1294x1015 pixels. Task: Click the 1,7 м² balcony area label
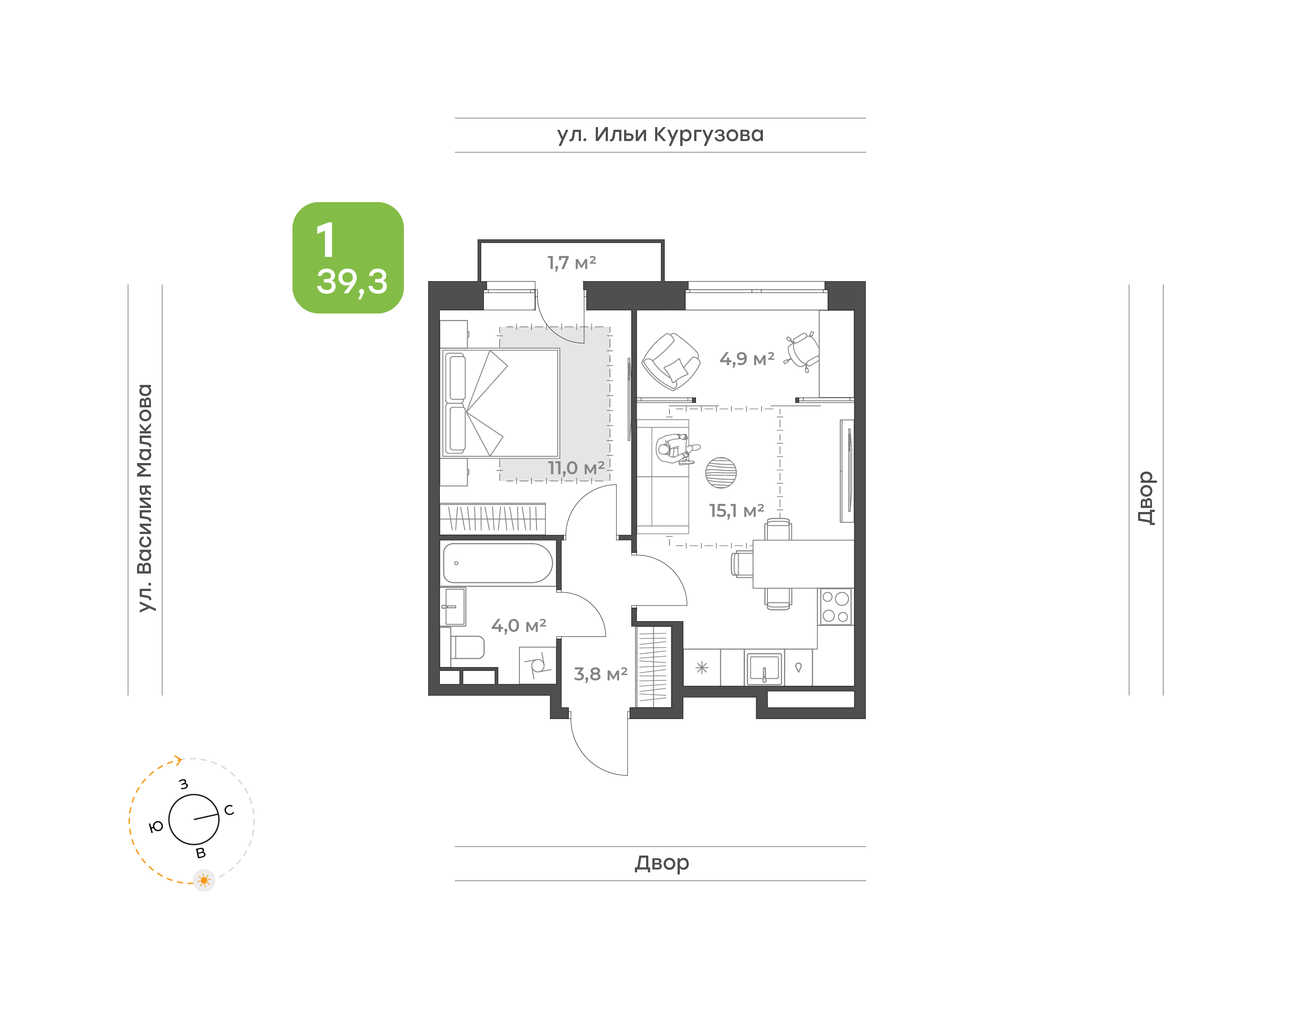(x=571, y=263)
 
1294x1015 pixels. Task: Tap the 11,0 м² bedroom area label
(x=576, y=468)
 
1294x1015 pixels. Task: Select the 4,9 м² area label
(x=747, y=359)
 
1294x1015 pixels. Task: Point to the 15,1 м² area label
(x=736, y=511)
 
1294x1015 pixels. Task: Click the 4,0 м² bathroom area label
(x=518, y=626)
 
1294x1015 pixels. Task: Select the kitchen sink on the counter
(x=764, y=669)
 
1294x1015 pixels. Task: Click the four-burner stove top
(x=835, y=607)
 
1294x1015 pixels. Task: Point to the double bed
(x=501, y=403)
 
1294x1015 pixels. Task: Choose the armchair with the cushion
(x=670, y=361)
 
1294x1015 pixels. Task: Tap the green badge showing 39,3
(x=348, y=258)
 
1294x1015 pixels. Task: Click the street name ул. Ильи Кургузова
(x=660, y=135)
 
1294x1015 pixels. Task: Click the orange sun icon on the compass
(x=204, y=880)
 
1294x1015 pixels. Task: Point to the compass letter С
(x=229, y=810)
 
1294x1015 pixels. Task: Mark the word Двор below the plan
(x=661, y=863)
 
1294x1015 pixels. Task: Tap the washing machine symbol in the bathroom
(x=537, y=665)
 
